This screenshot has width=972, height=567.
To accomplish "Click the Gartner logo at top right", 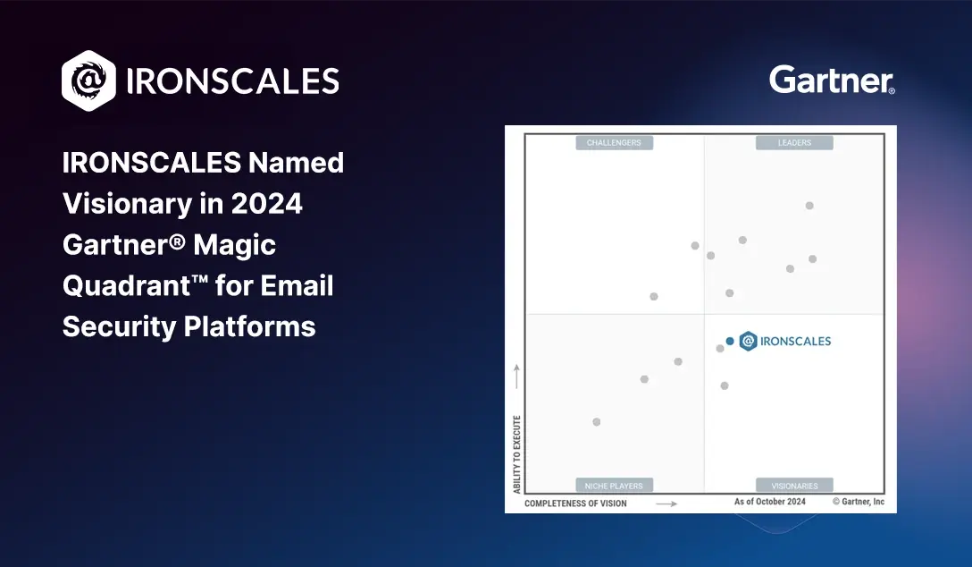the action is tap(832, 80).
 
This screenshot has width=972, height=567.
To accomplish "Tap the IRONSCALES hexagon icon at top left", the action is tap(88, 80).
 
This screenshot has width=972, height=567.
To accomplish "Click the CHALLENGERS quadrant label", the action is tap(614, 143).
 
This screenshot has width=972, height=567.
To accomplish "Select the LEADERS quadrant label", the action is tap(794, 143).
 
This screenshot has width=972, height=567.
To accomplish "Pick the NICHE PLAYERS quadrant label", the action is tap(614, 486).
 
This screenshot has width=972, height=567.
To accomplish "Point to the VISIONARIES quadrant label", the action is tap(794, 486).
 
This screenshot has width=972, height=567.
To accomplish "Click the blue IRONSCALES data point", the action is tap(730, 342).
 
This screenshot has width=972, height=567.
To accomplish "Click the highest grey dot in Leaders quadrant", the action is tap(809, 206).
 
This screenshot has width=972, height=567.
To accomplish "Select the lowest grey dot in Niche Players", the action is tap(597, 422).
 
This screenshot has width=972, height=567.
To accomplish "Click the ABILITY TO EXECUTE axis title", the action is tap(517, 454).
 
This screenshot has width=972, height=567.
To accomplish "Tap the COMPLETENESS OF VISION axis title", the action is tap(575, 504).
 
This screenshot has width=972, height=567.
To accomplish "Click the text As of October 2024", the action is tap(770, 501).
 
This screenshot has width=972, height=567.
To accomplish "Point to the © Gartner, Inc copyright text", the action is tap(859, 501).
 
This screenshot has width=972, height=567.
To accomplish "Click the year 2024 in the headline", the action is tap(266, 204).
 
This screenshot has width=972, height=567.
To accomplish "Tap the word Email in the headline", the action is tap(297, 285).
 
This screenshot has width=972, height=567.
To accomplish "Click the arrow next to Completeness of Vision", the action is tap(666, 504).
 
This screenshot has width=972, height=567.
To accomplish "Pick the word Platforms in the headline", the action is tap(250, 327).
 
